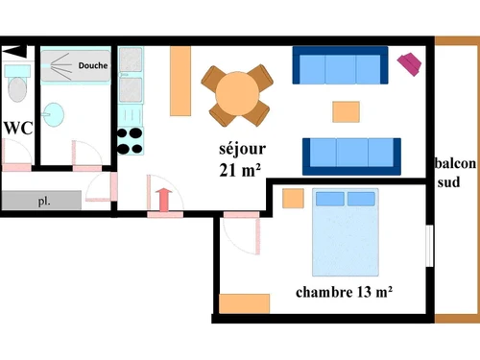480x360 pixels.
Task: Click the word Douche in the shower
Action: (x=92, y=66)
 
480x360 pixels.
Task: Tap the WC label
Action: (x=18, y=128)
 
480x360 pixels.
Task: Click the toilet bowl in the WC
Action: (x=16, y=89)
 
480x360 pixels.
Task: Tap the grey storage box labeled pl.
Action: (x=41, y=202)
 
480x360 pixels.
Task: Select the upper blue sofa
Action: (x=340, y=67)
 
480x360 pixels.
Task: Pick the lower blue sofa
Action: (x=351, y=155)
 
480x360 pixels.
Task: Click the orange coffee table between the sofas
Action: (x=347, y=111)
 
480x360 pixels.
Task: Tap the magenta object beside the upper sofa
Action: (x=411, y=63)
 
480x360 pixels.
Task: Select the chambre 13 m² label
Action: (x=347, y=291)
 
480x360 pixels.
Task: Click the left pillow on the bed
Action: (x=330, y=199)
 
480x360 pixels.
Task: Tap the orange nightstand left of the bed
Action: (x=293, y=200)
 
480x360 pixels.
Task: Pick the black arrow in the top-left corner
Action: (x=14, y=52)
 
